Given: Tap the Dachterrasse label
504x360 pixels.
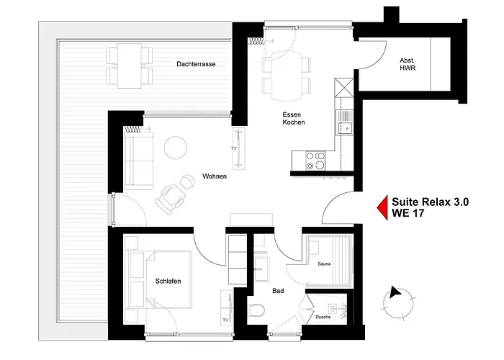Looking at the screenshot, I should [196, 64].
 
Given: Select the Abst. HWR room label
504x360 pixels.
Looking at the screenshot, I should [408, 64].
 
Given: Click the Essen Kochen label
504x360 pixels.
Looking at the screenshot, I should [293, 118].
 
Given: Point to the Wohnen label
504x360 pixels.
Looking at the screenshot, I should [215, 176].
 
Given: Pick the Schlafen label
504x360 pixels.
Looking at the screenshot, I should [168, 281].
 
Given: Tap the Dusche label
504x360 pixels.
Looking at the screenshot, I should [323, 317].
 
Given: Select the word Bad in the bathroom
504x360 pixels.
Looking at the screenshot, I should [277, 292].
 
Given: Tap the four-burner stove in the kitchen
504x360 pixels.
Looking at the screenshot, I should [315, 160].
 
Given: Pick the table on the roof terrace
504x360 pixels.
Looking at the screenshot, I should [130, 65].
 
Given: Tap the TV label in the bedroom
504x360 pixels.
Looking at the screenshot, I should [225, 319].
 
